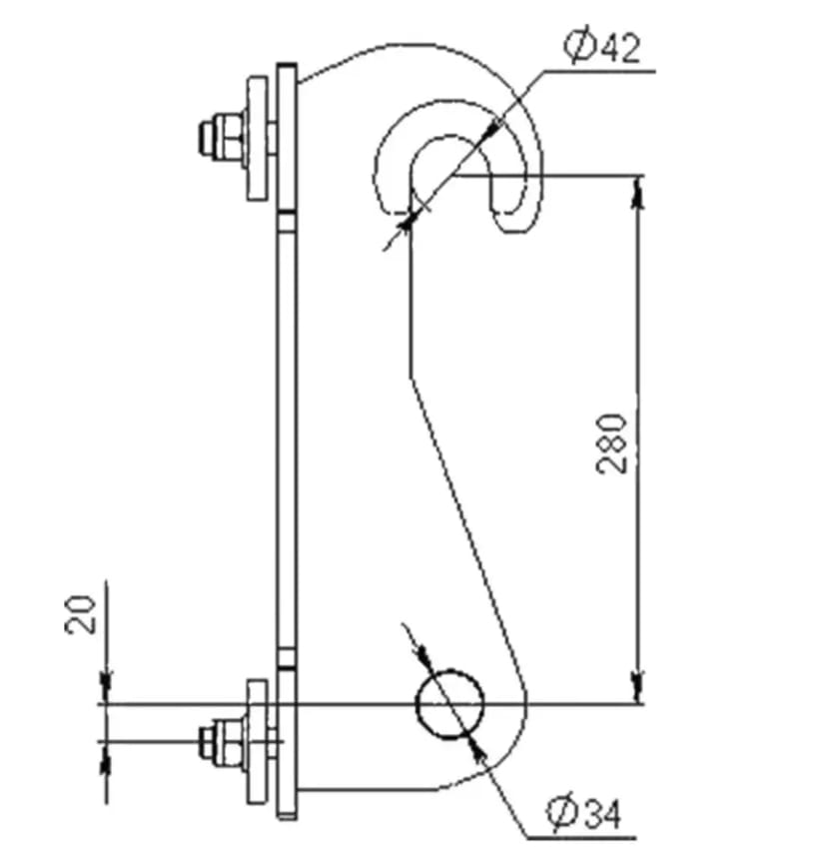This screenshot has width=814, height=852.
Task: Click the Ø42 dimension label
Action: tap(601, 47)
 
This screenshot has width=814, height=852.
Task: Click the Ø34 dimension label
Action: tap(583, 814)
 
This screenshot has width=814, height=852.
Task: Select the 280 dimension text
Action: tap(612, 443)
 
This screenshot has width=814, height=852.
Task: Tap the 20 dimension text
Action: tap(81, 614)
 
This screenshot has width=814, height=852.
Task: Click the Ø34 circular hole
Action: tap(449, 704)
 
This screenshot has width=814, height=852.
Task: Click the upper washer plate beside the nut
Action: tap(258, 139)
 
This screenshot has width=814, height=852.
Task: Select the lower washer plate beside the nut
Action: tap(258, 742)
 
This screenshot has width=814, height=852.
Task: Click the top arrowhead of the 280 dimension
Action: tap(639, 190)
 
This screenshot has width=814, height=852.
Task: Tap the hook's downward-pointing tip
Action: tap(510, 232)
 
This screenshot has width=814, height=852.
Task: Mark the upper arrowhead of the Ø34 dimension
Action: tap(423, 658)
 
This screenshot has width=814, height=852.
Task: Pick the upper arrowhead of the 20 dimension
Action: tap(107, 689)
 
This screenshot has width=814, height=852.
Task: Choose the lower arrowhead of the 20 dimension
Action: tap(107, 756)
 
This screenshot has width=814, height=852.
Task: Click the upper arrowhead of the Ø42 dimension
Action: tap(492, 129)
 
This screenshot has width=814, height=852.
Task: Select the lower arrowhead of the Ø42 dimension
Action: tap(407, 221)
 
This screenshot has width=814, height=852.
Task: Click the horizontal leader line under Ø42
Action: tap(599, 71)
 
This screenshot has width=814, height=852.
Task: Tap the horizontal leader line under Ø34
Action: tap(580, 838)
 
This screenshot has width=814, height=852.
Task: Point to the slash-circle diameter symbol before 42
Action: tap(578, 47)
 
